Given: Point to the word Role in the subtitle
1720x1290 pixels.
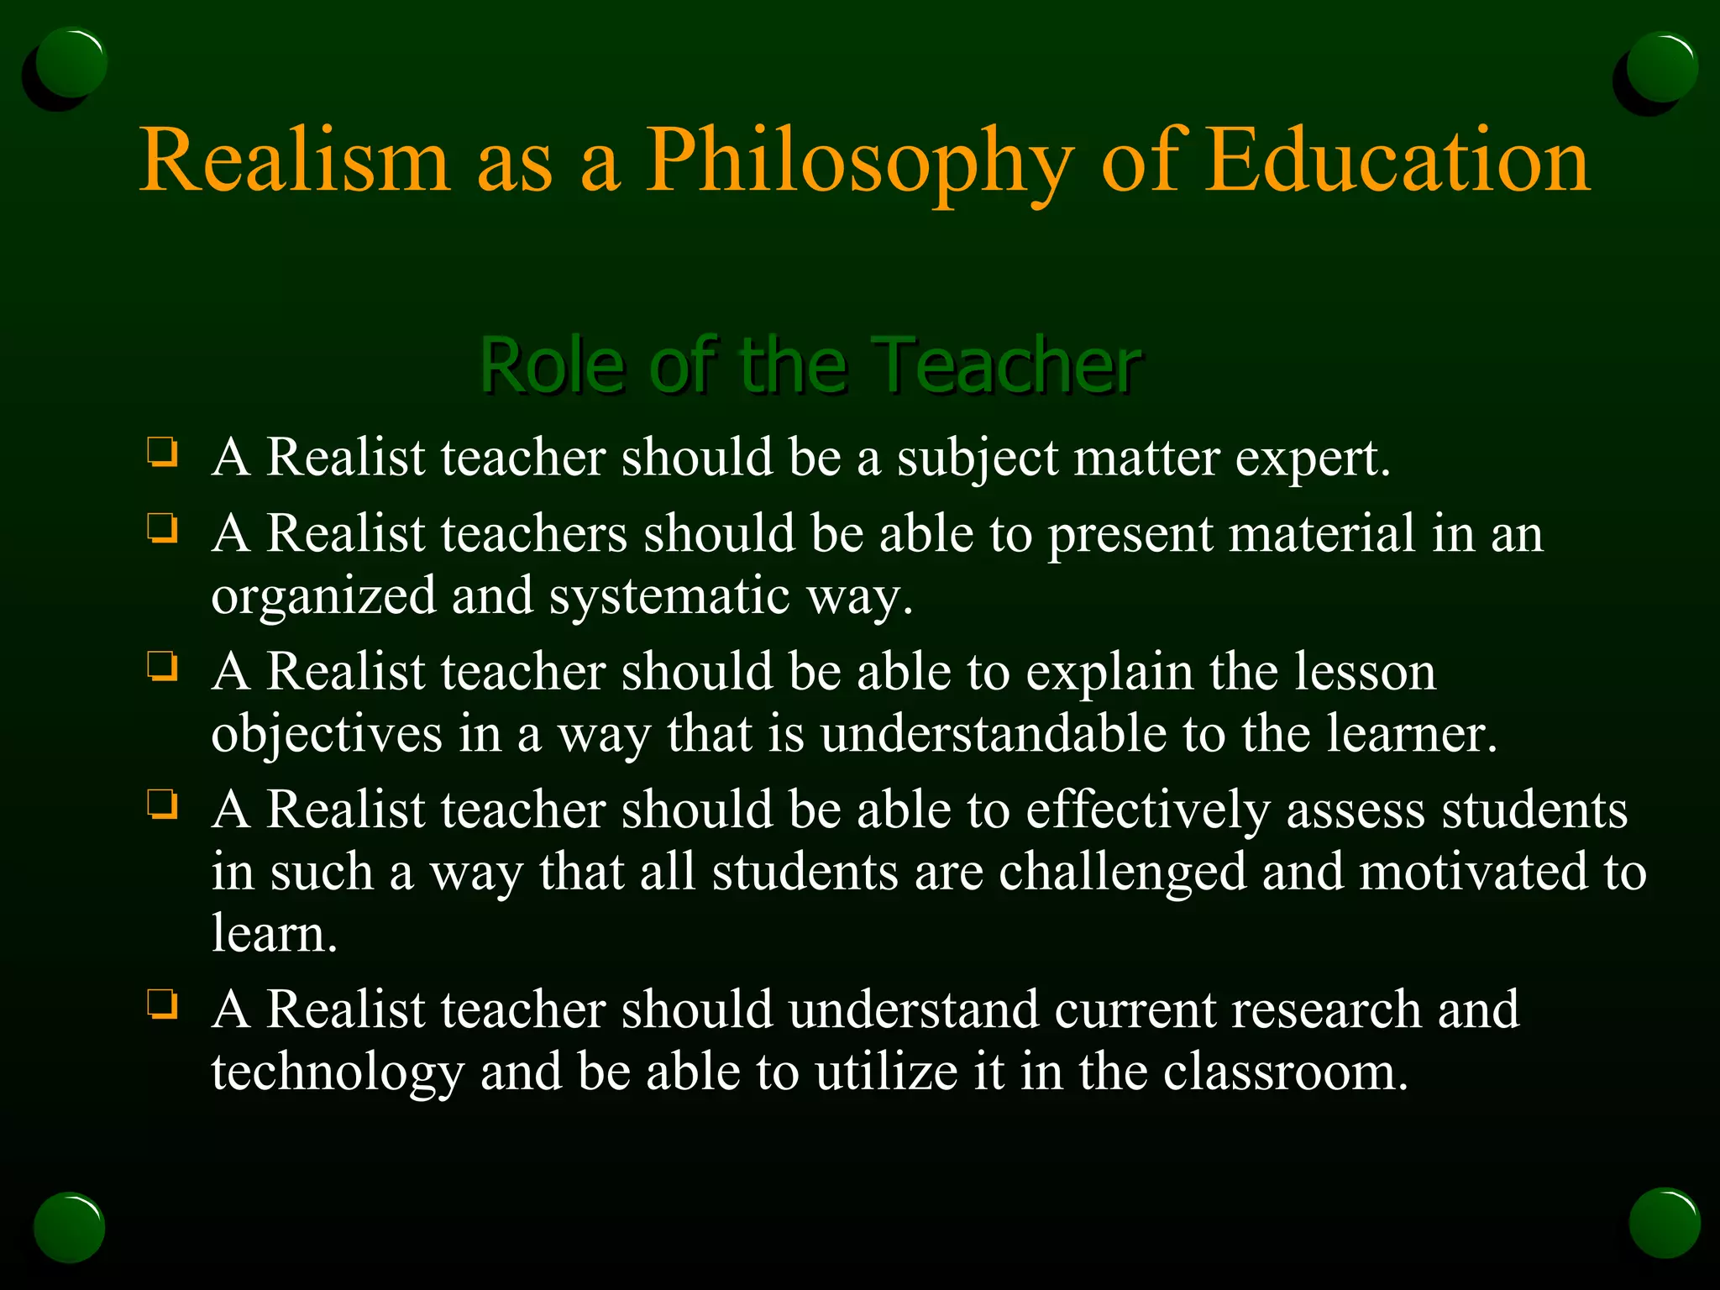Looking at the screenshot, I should pyautogui.click(x=553, y=364).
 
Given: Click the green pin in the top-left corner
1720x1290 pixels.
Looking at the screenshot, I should pyautogui.click(x=71, y=62).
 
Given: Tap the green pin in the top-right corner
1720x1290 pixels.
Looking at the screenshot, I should pyautogui.click(x=1660, y=67).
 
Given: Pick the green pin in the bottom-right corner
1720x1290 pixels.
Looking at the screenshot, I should pyautogui.click(x=1664, y=1223).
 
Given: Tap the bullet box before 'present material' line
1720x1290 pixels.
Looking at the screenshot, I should pyautogui.click(x=161, y=528).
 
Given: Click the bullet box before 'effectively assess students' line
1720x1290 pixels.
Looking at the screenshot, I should pyautogui.click(x=161, y=804).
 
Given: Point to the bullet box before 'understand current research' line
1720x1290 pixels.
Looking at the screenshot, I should pyautogui.click(x=161, y=1004).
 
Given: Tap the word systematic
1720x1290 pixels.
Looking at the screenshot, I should pyautogui.click(x=669, y=596).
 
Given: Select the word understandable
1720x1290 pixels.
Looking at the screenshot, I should pyautogui.click(x=994, y=734).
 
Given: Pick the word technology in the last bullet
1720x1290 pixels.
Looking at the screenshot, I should pyautogui.click(x=338, y=1072).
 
